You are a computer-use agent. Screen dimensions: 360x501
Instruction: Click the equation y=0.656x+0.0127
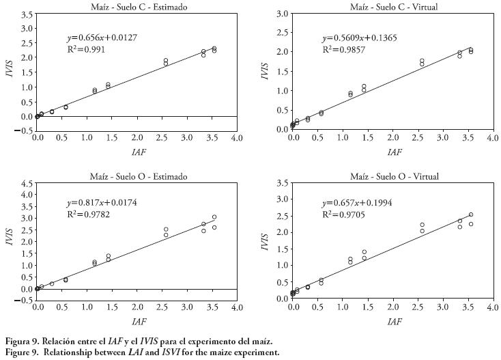(x=102, y=38)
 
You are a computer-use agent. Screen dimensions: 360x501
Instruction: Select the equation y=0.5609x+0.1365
(x=359, y=38)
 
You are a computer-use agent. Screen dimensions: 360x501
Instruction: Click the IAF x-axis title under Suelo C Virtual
(x=395, y=151)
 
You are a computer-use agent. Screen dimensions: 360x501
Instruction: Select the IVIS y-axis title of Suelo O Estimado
(x=9, y=236)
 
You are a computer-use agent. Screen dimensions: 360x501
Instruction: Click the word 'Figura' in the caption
(x=17, y=340)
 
